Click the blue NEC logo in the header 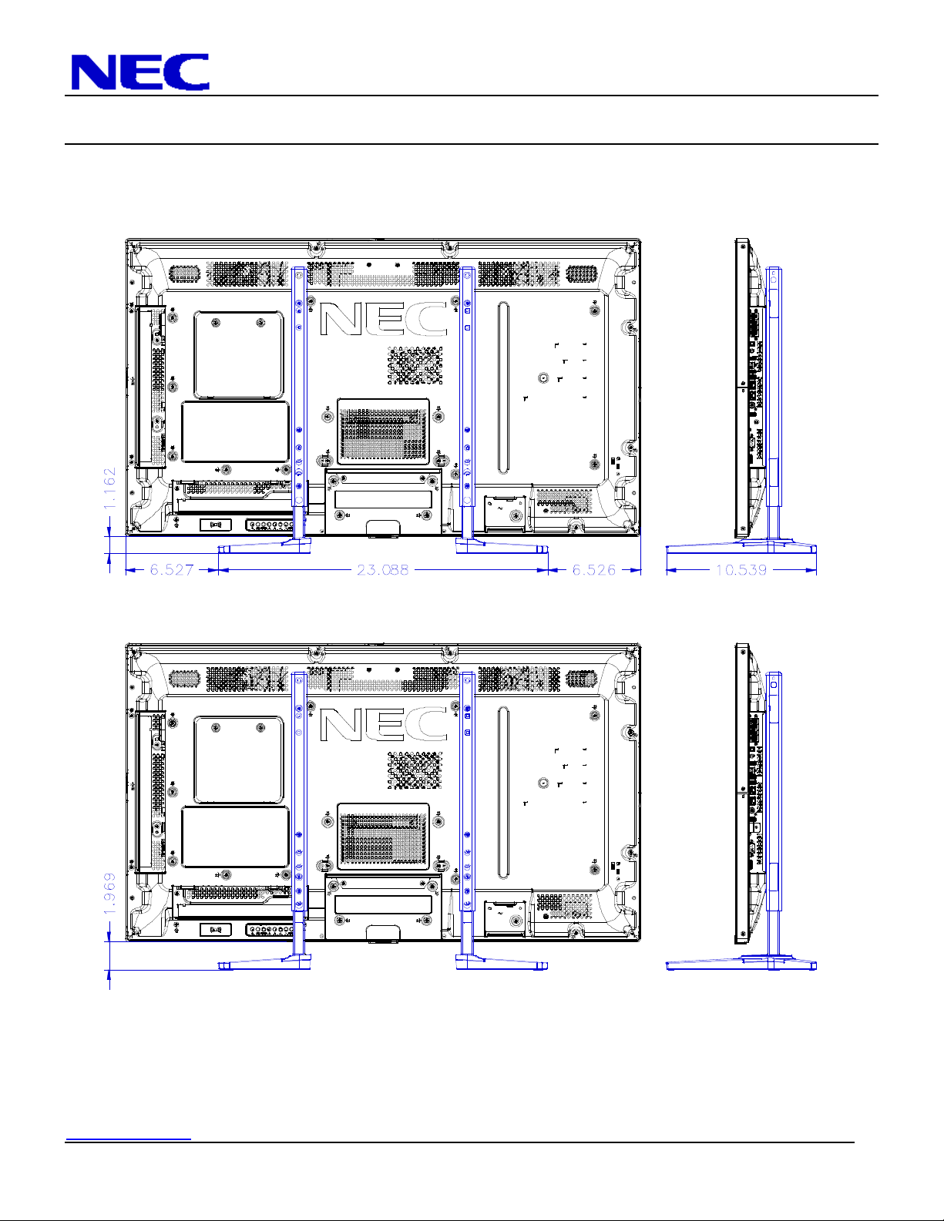point(140,72)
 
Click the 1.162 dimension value point(109,488)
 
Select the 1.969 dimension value point(109,894)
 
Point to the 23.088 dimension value point(383,570)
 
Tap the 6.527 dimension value point(171,570)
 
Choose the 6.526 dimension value point(594,570)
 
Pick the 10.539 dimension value point(741,570)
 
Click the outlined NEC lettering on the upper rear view point(384,320)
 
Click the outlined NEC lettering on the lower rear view point(384,725)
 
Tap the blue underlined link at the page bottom point(129,1139)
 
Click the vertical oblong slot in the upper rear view point(503,387)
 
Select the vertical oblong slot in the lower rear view point(503,793)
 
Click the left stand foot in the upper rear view point(264,546)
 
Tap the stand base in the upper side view point(741,548)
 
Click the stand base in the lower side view point(741,963)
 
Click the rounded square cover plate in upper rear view point(239,355)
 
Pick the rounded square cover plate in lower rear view point(239,760)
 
